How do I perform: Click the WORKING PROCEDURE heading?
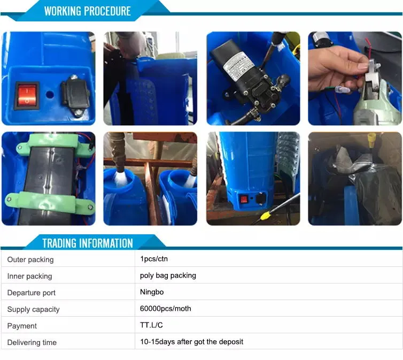click(87, 11)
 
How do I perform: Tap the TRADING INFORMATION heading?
click(87, 243)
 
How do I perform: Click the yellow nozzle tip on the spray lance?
click(265, 219)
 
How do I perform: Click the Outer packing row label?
click(30, 259)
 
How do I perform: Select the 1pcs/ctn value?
click(154, 259)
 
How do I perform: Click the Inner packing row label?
click(30, 276)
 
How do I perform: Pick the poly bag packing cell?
click(168, 275)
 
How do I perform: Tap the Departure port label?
click(32, 293)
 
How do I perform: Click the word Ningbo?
click(152, 292)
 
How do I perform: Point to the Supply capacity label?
click(33, 309)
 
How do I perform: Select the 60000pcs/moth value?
click(165, 309)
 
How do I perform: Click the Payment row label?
click(22, 326)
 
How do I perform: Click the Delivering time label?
click(32, 342)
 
